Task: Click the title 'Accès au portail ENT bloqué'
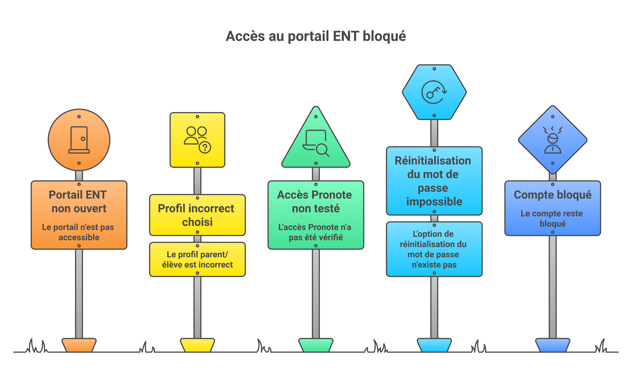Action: click(x=316, y=36)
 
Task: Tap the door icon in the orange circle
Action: click(x=79, y=140)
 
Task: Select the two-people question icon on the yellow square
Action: click(x=197, y=140)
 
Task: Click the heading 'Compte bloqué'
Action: click(x=553, y=195)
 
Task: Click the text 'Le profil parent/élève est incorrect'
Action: click(x=197, y=259)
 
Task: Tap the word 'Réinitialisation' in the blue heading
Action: click(x=433, y=161)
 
